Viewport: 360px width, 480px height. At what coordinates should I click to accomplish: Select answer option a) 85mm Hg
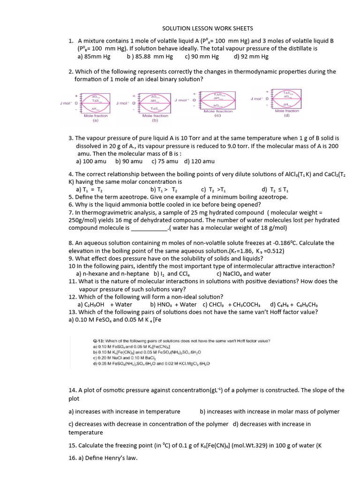[94, 57]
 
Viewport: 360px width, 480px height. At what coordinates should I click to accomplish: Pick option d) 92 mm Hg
[251, 57]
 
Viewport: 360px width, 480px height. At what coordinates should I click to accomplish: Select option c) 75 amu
[165, 161]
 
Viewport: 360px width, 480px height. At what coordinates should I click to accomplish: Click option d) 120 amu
[199, 161]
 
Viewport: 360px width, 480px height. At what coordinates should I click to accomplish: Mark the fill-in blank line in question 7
[149, 228]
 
